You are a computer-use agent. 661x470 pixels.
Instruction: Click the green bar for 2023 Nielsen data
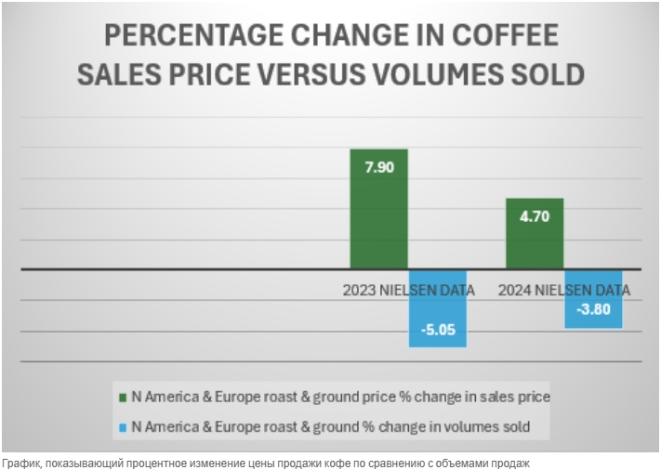pos(378,223)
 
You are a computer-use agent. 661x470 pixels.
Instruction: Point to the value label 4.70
pos(535,215)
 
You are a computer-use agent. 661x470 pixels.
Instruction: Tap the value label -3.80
pos(593,310)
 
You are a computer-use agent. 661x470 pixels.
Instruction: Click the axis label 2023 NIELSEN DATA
pos(408,290)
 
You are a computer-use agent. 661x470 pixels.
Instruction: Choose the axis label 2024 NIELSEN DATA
pos(563,290)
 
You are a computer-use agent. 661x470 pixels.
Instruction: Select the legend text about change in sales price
pos(340,397)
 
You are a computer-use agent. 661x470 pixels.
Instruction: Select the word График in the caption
pos(23,462)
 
